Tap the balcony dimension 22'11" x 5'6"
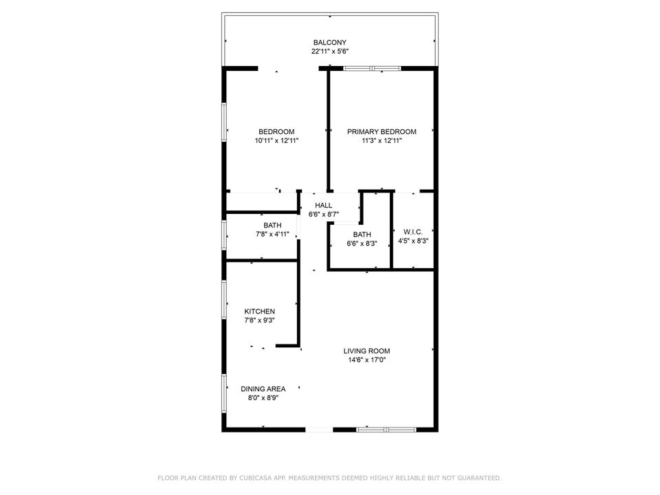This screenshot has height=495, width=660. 329,52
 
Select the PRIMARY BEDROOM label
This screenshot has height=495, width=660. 382,132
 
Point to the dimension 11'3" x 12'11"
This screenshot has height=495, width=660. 382,141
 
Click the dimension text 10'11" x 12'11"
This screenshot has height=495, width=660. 276,141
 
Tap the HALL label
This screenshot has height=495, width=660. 324,206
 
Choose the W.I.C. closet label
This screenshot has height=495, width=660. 412,232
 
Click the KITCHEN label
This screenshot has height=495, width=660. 259,311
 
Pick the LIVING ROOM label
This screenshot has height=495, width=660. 366,351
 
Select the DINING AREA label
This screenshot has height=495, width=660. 263,389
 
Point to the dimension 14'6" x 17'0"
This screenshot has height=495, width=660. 366,360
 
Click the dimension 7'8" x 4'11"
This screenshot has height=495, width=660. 272,234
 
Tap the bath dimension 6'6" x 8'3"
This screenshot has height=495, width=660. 362,243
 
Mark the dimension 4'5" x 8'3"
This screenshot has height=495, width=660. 412,241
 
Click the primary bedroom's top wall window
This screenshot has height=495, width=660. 372,68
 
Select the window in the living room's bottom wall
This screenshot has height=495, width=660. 386,430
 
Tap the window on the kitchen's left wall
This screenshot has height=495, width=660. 225,300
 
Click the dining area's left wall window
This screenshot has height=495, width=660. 225,393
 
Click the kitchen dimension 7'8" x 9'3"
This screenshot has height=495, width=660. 259,320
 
